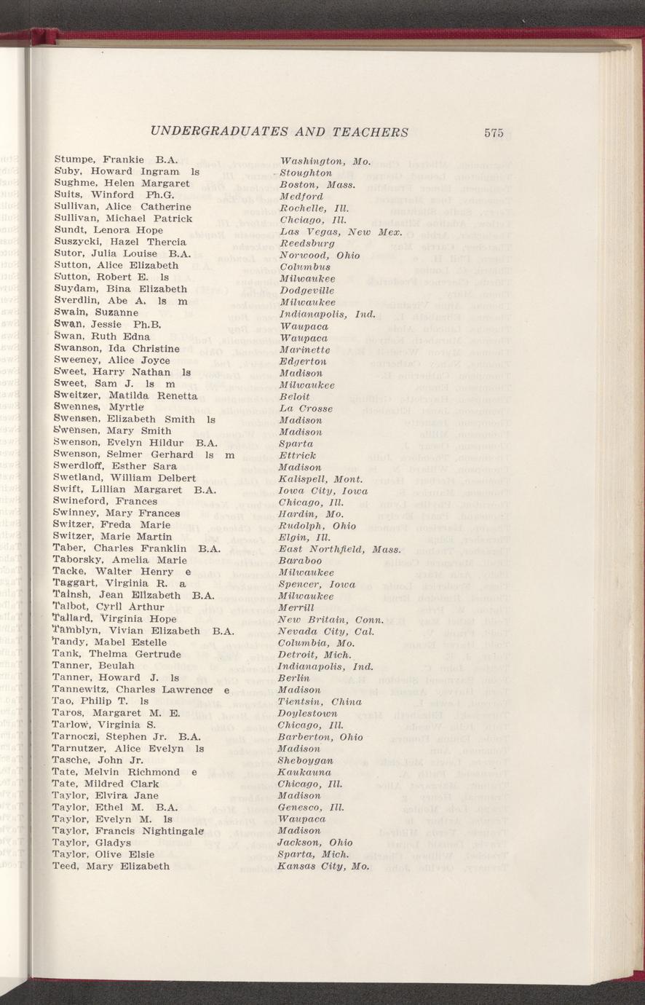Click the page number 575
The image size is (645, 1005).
coord(493,133)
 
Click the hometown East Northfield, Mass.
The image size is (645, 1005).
coord(340,548)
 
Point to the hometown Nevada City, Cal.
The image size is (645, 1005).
coord(326,631)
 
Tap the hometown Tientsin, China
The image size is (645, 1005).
coord(320,701)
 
